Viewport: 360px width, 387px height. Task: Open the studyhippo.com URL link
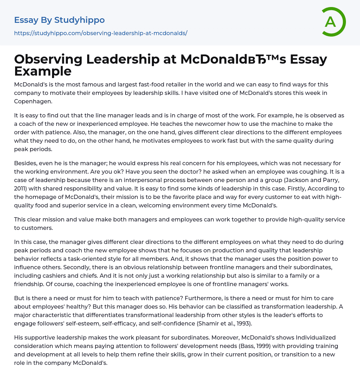click(x=101, y=33)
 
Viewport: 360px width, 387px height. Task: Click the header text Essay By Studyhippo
click(x=59, y=20)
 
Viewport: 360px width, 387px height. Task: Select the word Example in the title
click(x=43, y=71)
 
